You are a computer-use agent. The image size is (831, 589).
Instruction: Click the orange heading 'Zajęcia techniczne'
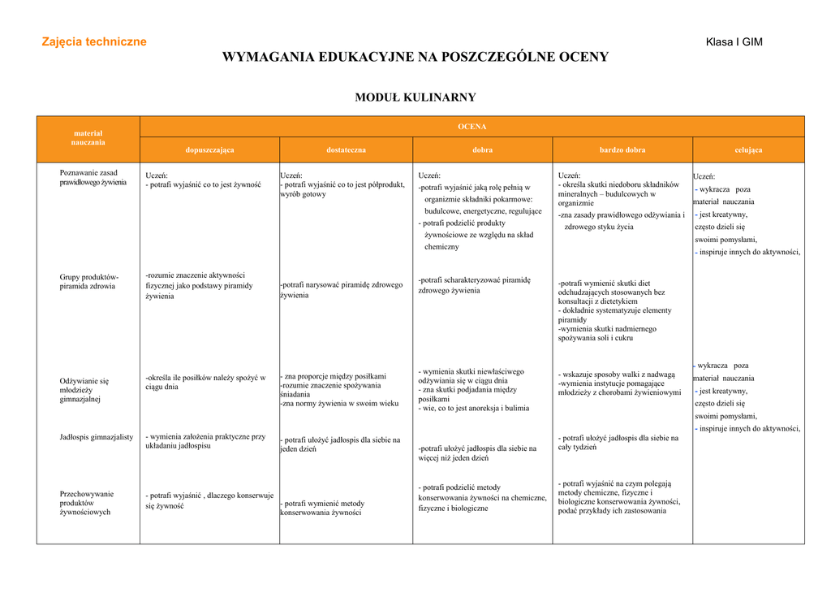click(94, 41)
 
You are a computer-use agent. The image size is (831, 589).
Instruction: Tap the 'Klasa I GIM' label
click(734, 42)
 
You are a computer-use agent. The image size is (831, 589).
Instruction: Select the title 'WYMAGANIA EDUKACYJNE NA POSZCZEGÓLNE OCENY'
click(415, 57)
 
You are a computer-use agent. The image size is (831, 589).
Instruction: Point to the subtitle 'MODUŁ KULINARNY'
click(415, 97)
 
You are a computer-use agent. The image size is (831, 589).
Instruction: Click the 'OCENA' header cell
click(472, 127)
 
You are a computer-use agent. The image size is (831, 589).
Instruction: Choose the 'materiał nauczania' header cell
click(88, 137)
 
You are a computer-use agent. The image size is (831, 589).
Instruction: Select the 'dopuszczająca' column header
click(209, 150)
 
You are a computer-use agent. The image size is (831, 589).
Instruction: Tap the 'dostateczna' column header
click(347, 150)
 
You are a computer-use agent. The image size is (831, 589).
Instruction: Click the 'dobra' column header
click(483, 150)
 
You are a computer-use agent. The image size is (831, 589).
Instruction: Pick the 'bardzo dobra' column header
click(622, 150)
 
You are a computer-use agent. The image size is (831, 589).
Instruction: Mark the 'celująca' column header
click(748, 150)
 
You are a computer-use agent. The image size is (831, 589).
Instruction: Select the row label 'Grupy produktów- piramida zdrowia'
click(88, 282)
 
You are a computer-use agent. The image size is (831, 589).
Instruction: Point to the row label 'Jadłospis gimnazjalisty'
click(97, 437)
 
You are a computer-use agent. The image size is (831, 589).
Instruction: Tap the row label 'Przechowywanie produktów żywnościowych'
click(87, 503)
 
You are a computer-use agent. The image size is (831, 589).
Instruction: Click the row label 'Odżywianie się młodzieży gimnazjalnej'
click(84, 390)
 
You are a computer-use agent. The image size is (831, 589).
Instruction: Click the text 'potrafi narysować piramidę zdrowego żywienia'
click(342, 290)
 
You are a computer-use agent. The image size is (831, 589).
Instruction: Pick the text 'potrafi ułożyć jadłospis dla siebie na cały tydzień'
click(618, 442)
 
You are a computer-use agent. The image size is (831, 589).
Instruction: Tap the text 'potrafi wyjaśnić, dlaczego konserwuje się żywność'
click(209, 500)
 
